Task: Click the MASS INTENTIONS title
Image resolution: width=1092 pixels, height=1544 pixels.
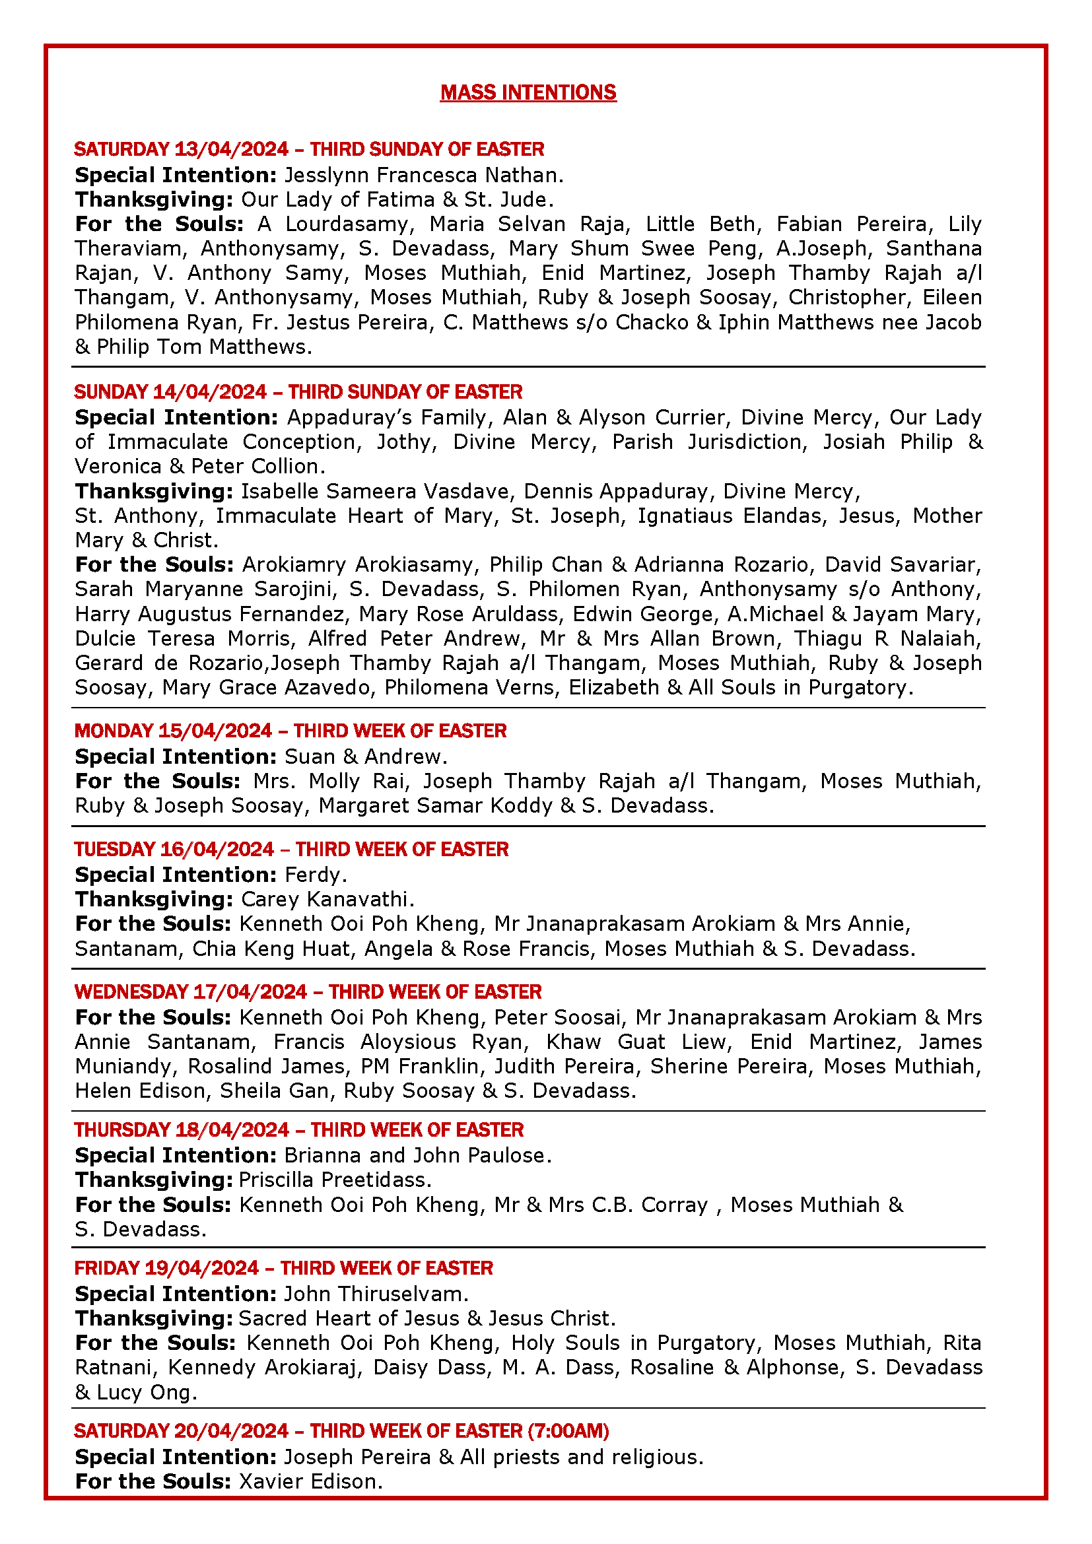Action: (x=528, y=92)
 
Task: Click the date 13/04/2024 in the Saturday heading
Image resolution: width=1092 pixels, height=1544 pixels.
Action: (x=231, y=149)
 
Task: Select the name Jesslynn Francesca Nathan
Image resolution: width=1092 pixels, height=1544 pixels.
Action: (x=423, y=175)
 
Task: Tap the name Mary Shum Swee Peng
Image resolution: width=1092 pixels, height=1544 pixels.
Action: (x=602, y=248)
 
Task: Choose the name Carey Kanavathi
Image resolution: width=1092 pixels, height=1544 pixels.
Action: (x=326, y=899)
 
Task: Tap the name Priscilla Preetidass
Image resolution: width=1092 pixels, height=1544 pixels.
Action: (x=334, y=1180)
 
